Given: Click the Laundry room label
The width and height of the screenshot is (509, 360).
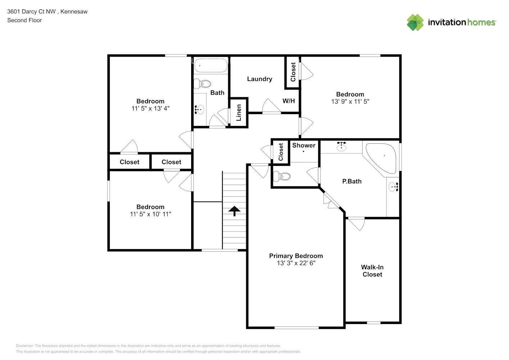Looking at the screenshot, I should point(259,79).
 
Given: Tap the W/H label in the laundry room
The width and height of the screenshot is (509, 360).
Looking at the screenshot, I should point(288,101).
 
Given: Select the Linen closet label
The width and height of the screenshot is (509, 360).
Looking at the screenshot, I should point(239,112).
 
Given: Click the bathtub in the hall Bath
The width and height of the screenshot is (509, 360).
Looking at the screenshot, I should point(211,66).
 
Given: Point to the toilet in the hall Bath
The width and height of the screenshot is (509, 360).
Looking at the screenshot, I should point(202,84).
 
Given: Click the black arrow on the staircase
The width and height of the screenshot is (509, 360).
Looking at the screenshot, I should point(234,211).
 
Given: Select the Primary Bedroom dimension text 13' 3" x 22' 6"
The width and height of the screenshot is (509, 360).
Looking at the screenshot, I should point(296,263).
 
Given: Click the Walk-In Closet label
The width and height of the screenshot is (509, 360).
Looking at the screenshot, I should point(372,271).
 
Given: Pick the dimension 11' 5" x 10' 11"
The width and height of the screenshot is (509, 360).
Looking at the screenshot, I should point(150,214).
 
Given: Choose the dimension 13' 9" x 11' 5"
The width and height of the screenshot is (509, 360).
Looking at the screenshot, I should point(350,102).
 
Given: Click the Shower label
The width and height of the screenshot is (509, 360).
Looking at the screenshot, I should point(303,145).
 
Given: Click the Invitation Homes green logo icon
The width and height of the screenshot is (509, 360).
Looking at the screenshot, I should point(415,22).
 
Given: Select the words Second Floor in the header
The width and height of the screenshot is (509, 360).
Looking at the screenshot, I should point(24,20).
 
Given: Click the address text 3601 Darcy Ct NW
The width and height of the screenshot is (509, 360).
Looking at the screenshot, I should point(31,12).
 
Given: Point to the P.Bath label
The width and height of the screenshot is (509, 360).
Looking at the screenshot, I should point(352,181).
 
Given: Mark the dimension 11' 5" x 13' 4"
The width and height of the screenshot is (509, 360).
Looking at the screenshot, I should point(150,108).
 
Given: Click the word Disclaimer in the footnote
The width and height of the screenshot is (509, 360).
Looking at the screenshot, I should point(24,346).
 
